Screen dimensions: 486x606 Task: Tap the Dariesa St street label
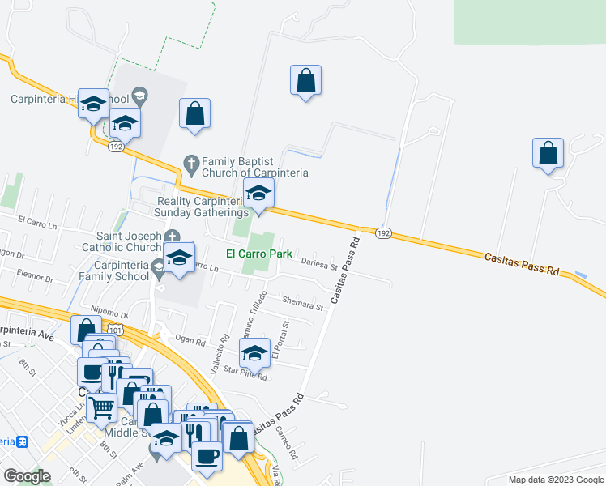click(320, 264)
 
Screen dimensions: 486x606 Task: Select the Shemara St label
click(302, 303)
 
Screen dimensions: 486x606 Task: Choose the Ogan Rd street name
click(190, 341)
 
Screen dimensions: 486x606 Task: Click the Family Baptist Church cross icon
click(192, 162)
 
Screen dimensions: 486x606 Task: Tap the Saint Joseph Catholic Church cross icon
click(172, 235)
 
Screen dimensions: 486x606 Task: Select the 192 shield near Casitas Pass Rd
click(384, 232)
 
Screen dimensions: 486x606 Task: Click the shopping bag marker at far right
click(548, 152)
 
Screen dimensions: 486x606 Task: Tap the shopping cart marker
click(101, 407)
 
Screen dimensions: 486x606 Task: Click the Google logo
click(28, 475)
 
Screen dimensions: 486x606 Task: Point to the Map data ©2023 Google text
click(555, 480)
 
